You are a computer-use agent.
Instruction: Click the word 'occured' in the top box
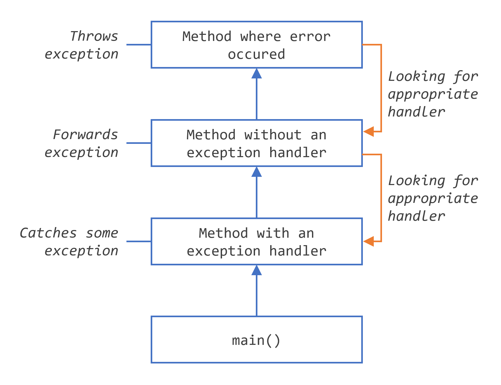256,54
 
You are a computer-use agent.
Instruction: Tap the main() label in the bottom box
256,340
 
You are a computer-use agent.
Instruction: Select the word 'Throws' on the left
94,36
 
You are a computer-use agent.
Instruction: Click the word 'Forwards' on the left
85,135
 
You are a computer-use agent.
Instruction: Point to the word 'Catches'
48,233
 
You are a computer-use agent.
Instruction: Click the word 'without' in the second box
273,135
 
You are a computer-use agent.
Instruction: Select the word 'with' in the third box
273,233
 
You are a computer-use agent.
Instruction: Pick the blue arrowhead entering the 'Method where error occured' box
256,74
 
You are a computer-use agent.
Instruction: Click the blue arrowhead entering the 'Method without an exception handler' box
256,172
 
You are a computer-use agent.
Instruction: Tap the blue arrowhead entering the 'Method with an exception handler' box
256,270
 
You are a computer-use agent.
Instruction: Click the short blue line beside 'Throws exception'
139,45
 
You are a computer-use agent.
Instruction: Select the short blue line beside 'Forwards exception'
139,143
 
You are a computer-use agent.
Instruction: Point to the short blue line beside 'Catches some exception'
139,241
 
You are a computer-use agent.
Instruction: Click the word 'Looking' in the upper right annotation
417,77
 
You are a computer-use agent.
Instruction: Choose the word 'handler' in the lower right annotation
417,216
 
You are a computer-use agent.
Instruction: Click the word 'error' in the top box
310,36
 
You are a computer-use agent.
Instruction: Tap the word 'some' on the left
102,233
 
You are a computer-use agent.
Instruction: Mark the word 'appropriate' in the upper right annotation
433,94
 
